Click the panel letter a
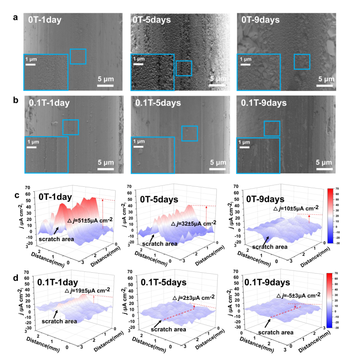(16, 18)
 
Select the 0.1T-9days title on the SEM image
(264, 103)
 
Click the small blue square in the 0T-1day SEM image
(78, 56)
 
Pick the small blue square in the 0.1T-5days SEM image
(189, 133)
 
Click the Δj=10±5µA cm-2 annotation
(296, 208)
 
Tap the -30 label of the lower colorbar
(337, 339)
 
